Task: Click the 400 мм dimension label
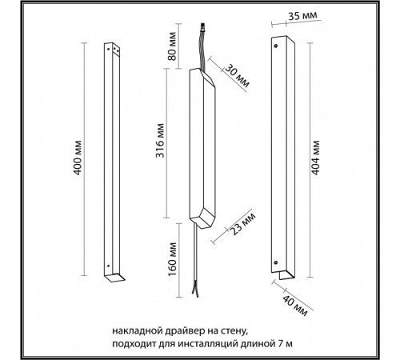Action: [x=78, y=158]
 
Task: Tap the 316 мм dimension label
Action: [x=160, y=140]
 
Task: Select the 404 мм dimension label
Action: [x=315, y=158]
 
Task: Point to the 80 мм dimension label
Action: [x=173, y=46]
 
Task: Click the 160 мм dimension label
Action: [x=173, y=259]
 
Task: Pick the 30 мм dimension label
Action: [x=237, y=76]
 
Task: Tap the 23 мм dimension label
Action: [x=243, y=224]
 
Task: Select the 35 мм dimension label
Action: [x=303, y=16]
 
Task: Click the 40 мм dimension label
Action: [x=295, y=306]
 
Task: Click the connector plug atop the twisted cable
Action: [x=203, y=28]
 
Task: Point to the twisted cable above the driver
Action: [x=202, y=50]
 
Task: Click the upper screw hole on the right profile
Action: [x=276, y=46]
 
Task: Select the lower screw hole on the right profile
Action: [x=276, y=262]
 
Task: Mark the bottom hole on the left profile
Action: [x=108, y=266]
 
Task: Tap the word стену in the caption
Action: [x=234, y=332]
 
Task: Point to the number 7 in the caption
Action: [x=280, y=343]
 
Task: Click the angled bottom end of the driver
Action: [x=203, y=218]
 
